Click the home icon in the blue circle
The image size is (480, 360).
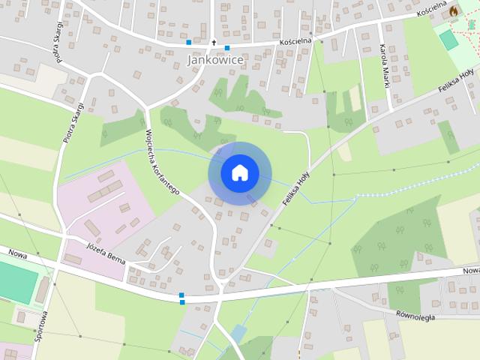point(239,173)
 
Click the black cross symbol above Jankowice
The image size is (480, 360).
point(214,43)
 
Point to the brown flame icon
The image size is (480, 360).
point(453,12)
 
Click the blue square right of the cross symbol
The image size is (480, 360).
point(226,48)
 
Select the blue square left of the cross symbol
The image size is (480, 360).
point(189,43)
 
